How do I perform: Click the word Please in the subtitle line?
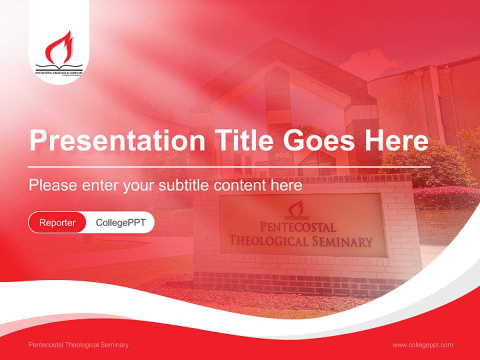pyautogui.click(x=53, y=185)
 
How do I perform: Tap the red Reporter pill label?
pyautogui.click(x=57, y=222)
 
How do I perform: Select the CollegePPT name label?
pyautogui.click(x=120, y=222)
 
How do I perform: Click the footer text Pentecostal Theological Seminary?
pyautogui.click(x=78, y=345)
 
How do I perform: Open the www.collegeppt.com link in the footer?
pyautogui.click(x=422, y=345)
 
